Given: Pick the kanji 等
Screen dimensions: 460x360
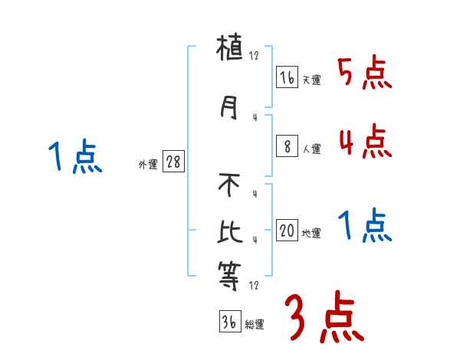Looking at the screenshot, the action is point(230,276).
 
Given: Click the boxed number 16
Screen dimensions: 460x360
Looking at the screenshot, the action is point(287,77).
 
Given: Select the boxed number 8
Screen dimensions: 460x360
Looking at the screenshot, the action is point(287,147).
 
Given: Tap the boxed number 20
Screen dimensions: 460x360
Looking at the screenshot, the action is point(287,231).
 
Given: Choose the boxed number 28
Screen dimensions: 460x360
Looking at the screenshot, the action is point(173,162).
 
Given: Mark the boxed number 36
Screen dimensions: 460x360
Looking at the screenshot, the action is point(228,322).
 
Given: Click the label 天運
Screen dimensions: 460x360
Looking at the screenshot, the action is point(311,80).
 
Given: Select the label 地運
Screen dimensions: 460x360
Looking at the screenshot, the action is point(311,234).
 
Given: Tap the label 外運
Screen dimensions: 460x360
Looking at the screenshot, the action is point(148,165).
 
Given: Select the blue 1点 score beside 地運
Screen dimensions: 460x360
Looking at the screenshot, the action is point(364,227).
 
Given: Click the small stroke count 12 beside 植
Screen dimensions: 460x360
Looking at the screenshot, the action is point(255,57).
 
